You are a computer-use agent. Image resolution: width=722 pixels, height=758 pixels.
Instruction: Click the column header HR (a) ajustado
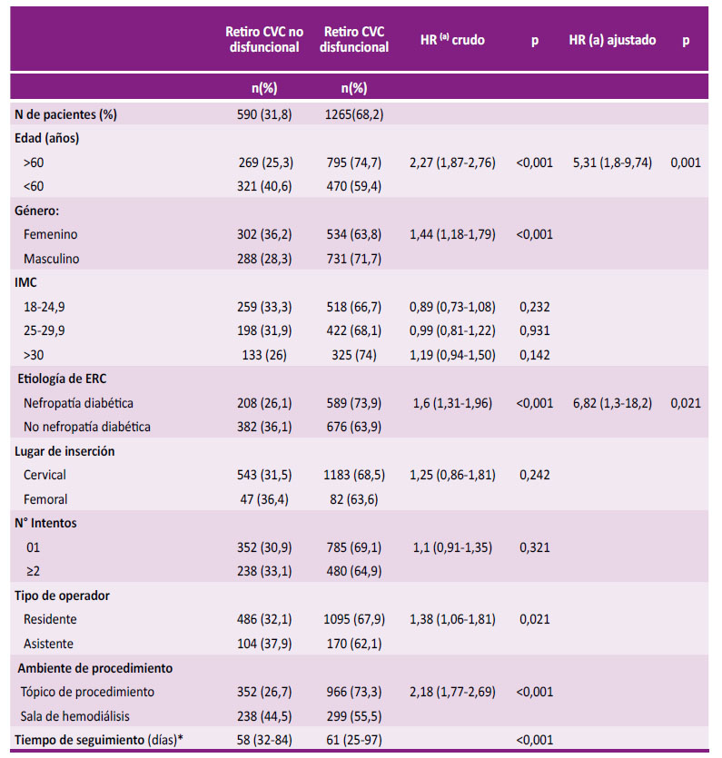pyautogui.click(x=612, y=40)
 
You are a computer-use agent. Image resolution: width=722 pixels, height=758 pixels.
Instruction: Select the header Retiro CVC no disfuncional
pyautogui.click(x=264, y=39)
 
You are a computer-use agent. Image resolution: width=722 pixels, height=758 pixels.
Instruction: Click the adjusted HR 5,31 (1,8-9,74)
pyautogui.click(x=612, y=162)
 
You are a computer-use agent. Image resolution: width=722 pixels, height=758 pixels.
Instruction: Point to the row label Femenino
pyautogui.click(x=50, y=234)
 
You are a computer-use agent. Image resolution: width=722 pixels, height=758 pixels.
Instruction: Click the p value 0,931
pyautogui.click(x=534, y=330)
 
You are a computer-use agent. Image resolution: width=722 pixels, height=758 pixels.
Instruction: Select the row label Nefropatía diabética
pyautogui.click(x=78, y=403)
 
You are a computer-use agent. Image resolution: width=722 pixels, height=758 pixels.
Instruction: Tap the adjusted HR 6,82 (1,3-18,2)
pyautogui.click(x=612, y=403)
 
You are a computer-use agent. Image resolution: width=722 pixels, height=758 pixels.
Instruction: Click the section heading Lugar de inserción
pyautogui.click(x=64, y=451)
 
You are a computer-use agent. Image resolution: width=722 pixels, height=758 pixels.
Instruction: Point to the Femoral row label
pyautogui.click(x=45, y=499)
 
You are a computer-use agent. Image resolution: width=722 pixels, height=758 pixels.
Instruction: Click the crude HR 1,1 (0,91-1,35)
pyautogui.click(x=452, y=547)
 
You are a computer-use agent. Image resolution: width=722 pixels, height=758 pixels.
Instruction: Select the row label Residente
pyautogui.click(x=50, y=619)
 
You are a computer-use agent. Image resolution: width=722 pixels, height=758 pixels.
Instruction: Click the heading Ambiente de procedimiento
pyautogui.click(x=94, y=668)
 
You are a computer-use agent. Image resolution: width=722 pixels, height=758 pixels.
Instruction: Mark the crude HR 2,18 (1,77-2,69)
pyautogui.click(x=452, y=692)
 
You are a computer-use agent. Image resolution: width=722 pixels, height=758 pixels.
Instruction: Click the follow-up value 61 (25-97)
pyautogui.click(x=354, y=740)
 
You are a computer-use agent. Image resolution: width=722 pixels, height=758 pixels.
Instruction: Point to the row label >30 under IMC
pyautogui.click(x=34, y=355)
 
